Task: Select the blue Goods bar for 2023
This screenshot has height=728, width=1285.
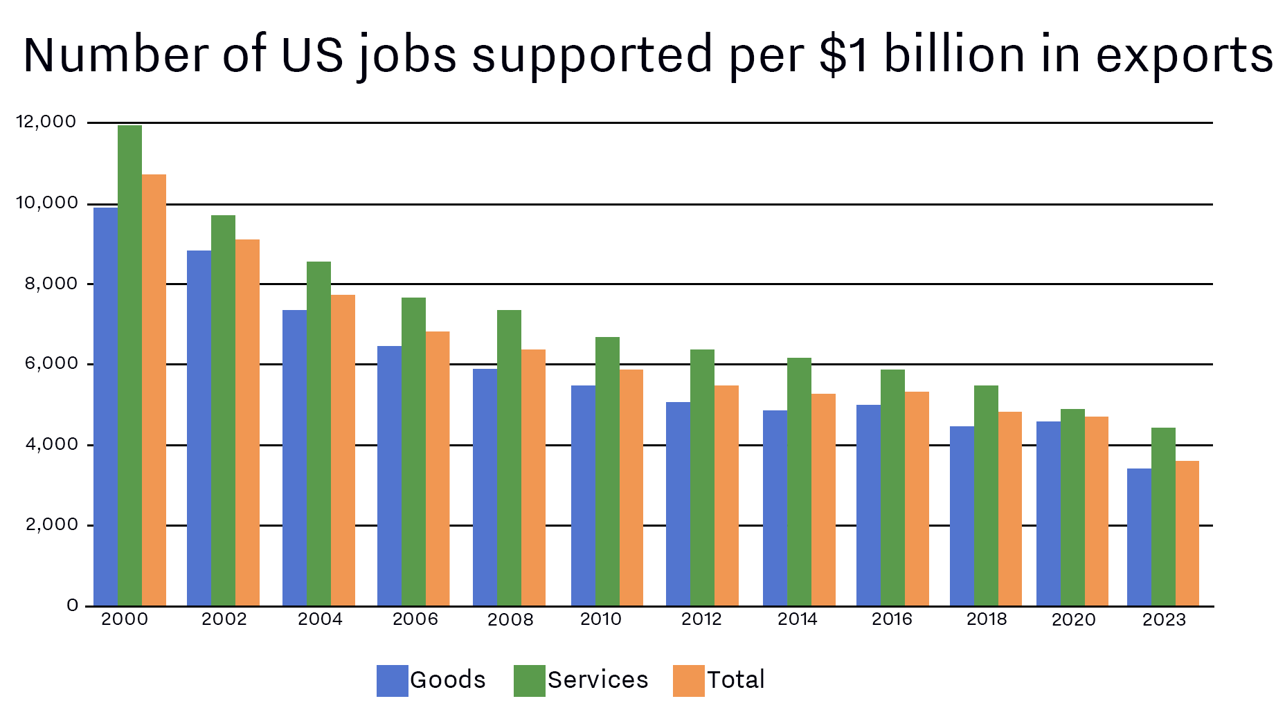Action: (1139, 537)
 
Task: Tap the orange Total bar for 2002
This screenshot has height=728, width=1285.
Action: (247, 423)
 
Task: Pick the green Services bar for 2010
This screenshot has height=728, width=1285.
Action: (607, 471)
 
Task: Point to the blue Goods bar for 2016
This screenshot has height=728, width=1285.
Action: (868, 505)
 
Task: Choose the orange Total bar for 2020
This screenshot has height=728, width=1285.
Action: (1097, 511)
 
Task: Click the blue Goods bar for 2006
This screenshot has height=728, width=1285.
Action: (389, 476)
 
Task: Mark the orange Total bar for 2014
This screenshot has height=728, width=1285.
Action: (823, 500)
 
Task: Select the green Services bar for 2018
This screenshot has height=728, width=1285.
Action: (986, 495)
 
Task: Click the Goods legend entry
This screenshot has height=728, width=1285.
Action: (431, 680)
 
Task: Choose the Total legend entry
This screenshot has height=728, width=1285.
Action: (719, 680)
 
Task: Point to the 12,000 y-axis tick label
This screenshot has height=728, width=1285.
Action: (46, 122)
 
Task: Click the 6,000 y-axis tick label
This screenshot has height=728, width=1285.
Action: (51, 363)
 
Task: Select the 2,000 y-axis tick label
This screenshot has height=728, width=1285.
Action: (51, 525)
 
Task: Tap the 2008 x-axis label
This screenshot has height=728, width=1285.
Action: (510, 619)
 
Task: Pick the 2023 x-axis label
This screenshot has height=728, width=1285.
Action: (1164, 619)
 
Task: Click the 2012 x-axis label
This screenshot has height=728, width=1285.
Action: (701, 619)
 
